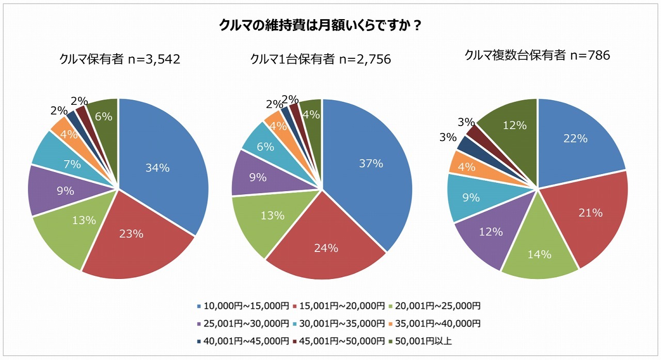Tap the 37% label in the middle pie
click(x=371, y=164)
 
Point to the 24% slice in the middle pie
click(x=326, y=248)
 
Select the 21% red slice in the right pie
click(x=588, y=212)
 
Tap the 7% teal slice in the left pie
click(x=72, y=164)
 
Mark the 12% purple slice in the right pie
click(x=491, y=231)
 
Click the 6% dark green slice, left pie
click(x=104, y=117)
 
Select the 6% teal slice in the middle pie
click(x=265, y=147)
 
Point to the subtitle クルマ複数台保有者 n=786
click(x=537, y=55)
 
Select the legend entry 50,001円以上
click(x=419, y=340)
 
